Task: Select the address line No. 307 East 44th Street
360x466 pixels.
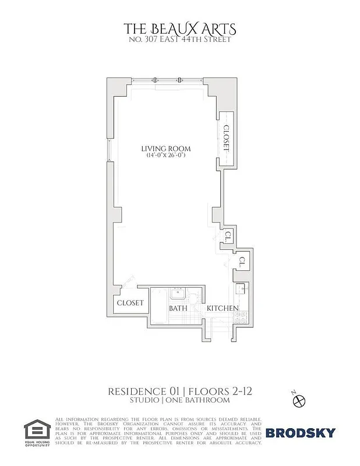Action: pos(180,40)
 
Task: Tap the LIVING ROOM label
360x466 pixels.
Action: pos(166,149)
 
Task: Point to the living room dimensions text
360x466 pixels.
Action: pos(166,156)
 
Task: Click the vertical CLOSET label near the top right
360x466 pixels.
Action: pos(227,139)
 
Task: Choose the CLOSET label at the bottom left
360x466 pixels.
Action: pos(130,303)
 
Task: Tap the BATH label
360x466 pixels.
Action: pos(177,308)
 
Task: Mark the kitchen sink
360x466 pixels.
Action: pos(240,290)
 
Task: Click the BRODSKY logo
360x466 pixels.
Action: pos(301,433)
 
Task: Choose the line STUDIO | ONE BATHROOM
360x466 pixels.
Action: pos(180,400)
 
